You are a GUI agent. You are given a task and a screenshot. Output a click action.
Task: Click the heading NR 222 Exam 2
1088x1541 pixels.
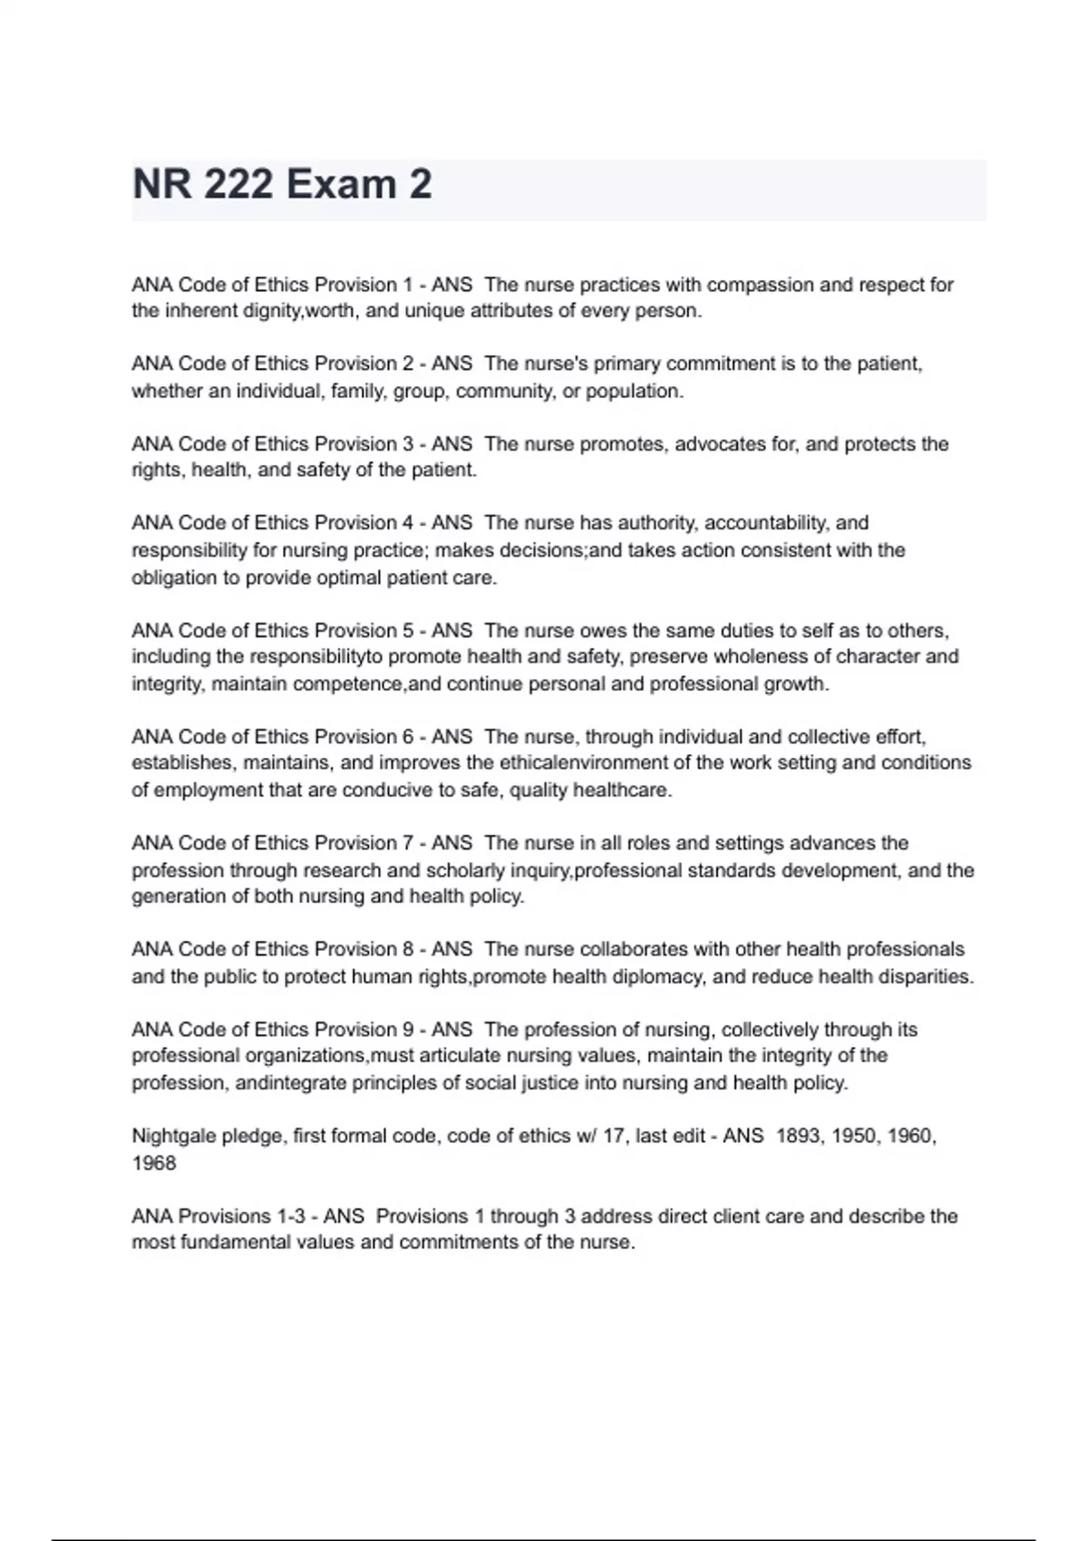tap(282, 185)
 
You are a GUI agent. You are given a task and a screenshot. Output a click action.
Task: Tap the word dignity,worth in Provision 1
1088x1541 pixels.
tap(297, 311)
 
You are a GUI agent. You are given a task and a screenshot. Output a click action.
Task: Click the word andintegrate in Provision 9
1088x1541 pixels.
tap(290, 1082)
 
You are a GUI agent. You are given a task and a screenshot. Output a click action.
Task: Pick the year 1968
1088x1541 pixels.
tap(154, 1163)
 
